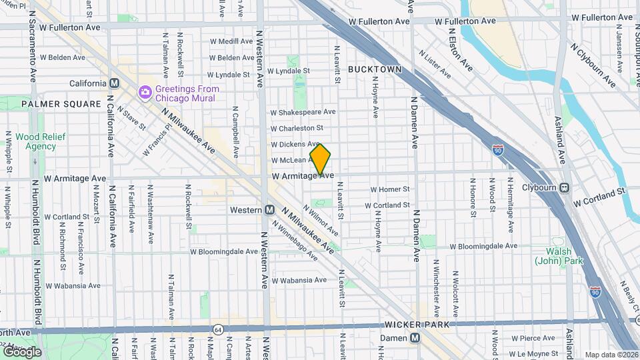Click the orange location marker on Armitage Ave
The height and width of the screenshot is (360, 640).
coord(321,159)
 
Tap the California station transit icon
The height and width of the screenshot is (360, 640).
coord(114,83)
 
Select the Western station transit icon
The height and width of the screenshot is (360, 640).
coord(269,209)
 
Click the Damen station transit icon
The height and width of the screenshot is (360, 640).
coord(415,338)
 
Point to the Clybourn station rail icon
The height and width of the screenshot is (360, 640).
coord(565,188)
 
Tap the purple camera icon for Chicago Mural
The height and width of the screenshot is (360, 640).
coord(143,92)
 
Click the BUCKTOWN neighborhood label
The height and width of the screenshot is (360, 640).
coord(375,69)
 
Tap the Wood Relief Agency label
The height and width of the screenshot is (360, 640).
coord(36,141)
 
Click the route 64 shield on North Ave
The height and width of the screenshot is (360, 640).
coord(218,329)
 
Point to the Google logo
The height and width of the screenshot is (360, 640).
coord(21,351)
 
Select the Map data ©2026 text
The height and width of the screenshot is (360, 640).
coord(611,355)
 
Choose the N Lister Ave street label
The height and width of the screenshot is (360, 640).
coord(434,60)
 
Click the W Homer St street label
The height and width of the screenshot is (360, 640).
coord(394,189)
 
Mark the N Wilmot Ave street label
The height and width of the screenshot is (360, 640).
coord(321,219)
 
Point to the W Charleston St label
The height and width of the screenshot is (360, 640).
coord(297,128)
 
